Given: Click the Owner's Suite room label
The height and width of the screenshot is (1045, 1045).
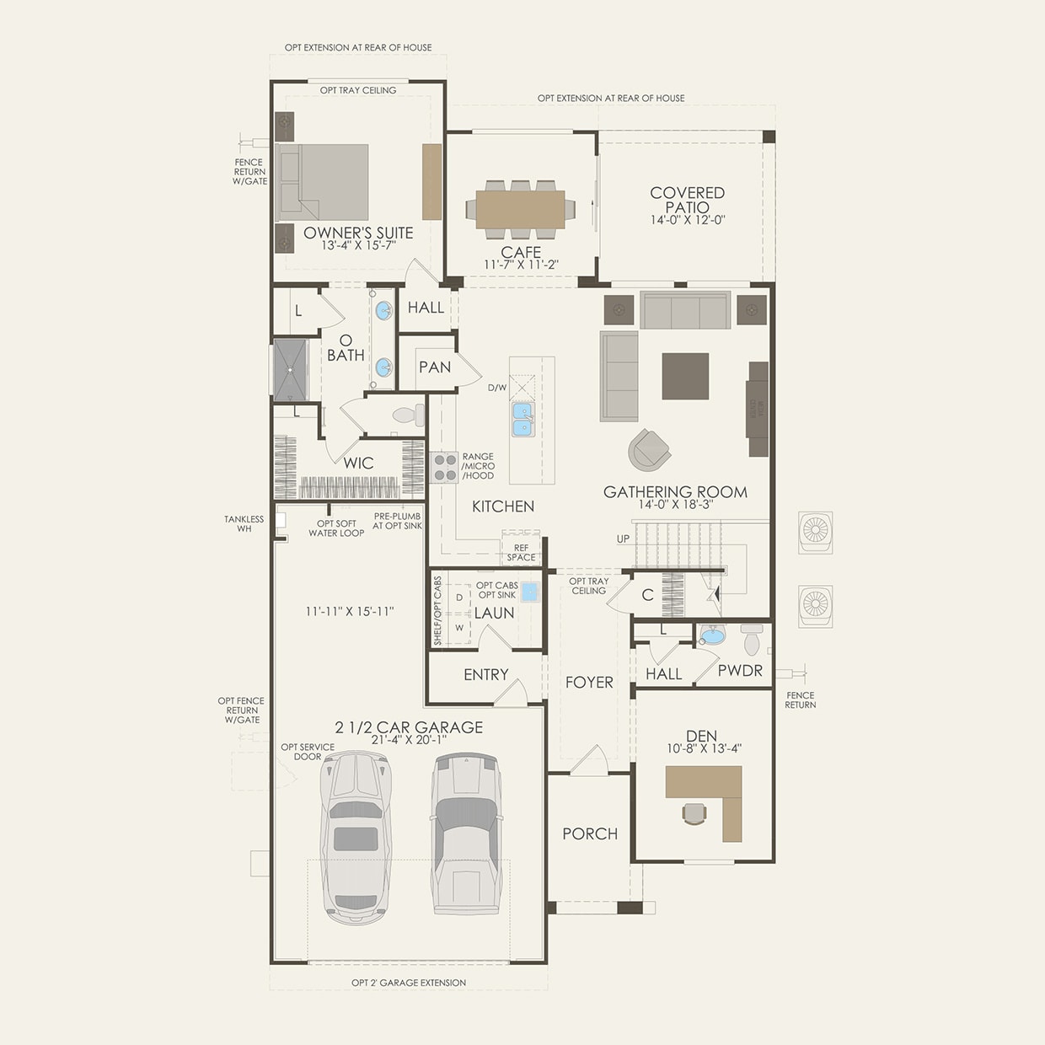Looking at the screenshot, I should pyautogui.click(x=358, y=233).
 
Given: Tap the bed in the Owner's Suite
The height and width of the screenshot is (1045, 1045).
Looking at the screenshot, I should pyautogui.click(x=324, y=182).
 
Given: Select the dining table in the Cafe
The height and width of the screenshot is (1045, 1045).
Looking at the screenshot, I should pyautogui.click(x=520, y=209).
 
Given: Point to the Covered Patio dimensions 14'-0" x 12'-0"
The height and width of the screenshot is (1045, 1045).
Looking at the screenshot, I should pyautogui.click(x=688, y=221).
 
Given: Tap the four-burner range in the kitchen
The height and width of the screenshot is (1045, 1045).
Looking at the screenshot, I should pyautogui.click(x=444, y=467).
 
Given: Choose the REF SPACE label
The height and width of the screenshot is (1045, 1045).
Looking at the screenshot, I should pyautogui.click(x=521, y=552).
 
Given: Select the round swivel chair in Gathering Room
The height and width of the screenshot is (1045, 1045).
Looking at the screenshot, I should pyautogui.click(x=649, y=449).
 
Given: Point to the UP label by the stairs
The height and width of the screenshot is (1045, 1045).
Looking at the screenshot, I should pyautogui.click(x=623, y=539).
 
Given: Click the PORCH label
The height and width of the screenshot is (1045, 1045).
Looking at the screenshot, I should pyautogui.click(x=590, y=833).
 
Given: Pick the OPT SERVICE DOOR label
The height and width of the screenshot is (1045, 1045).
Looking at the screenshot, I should pyautogui.click(x=308, y=752).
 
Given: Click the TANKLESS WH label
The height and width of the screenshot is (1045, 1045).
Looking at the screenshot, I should pyautogui.click(x=244, y=523).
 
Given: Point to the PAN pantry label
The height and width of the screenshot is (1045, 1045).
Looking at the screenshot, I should pyautogui.click(x=435, y=367).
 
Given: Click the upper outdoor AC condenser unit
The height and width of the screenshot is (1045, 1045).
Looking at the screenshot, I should pyautogui.click(x=816, y=532).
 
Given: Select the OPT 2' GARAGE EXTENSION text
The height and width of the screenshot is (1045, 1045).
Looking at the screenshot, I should pyautogui.click(x=409, y=983).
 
